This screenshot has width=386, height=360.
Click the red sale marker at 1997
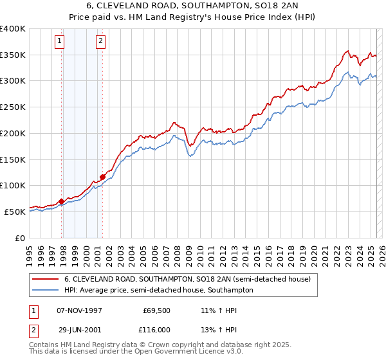click(62, 201)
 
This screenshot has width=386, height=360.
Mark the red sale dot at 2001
click(103, 177)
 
